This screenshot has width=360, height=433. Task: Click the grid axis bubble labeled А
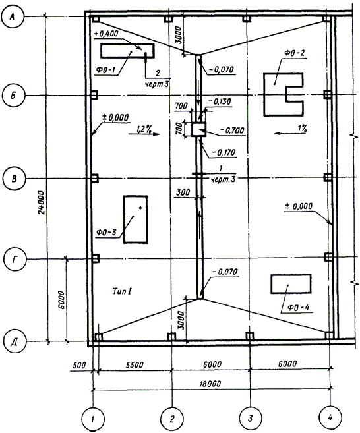(13, 17)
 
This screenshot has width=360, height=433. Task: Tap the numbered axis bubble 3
(251, 418)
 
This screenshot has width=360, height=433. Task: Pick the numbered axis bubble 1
(93, 419)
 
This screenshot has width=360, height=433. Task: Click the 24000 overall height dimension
(41, 202)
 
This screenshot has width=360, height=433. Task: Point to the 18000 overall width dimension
(210, 384)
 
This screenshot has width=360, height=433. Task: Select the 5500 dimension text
(135, 365)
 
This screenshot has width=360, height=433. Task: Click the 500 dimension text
(79, 365)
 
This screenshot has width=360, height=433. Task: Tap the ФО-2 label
(294, 53)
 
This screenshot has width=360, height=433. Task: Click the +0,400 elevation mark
(105, 34)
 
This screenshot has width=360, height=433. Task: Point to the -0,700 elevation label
(232, 130)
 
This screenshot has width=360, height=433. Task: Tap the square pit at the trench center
(199, 129)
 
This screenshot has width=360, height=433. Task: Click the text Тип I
(121, 291)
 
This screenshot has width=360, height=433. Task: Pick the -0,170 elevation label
(224, 152)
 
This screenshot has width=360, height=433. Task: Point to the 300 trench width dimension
(183, 192)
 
